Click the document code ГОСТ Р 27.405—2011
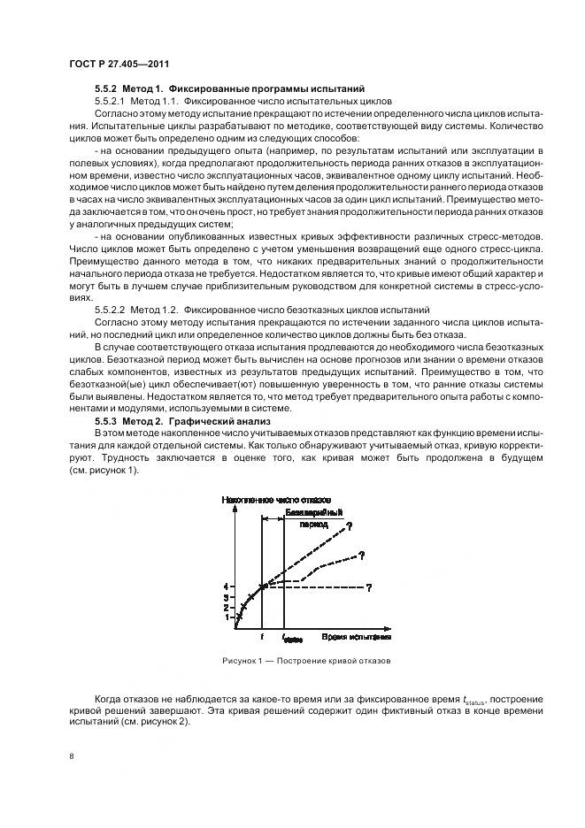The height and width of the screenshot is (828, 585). pos(119,65)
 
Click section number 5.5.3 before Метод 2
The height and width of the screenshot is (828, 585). pos(108,424)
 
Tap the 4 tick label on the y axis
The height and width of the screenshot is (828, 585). pos(227,586)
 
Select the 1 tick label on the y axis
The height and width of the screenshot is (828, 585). pos(227,617)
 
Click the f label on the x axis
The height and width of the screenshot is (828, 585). pos(262,636)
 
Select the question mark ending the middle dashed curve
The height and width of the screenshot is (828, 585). pos(362,555)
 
